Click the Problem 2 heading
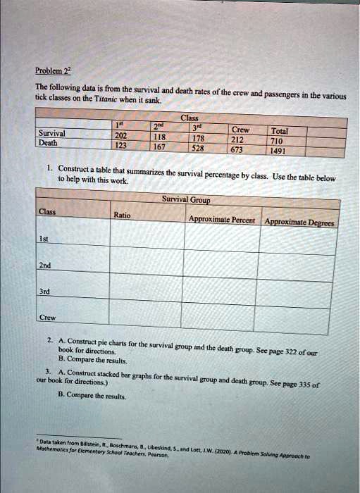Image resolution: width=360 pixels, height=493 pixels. [x=51, y=71]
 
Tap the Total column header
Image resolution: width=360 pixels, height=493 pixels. [x=279, y=130]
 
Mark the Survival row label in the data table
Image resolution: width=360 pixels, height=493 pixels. [x=54, y=133]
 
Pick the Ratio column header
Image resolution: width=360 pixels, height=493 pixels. [x=121, y=216]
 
